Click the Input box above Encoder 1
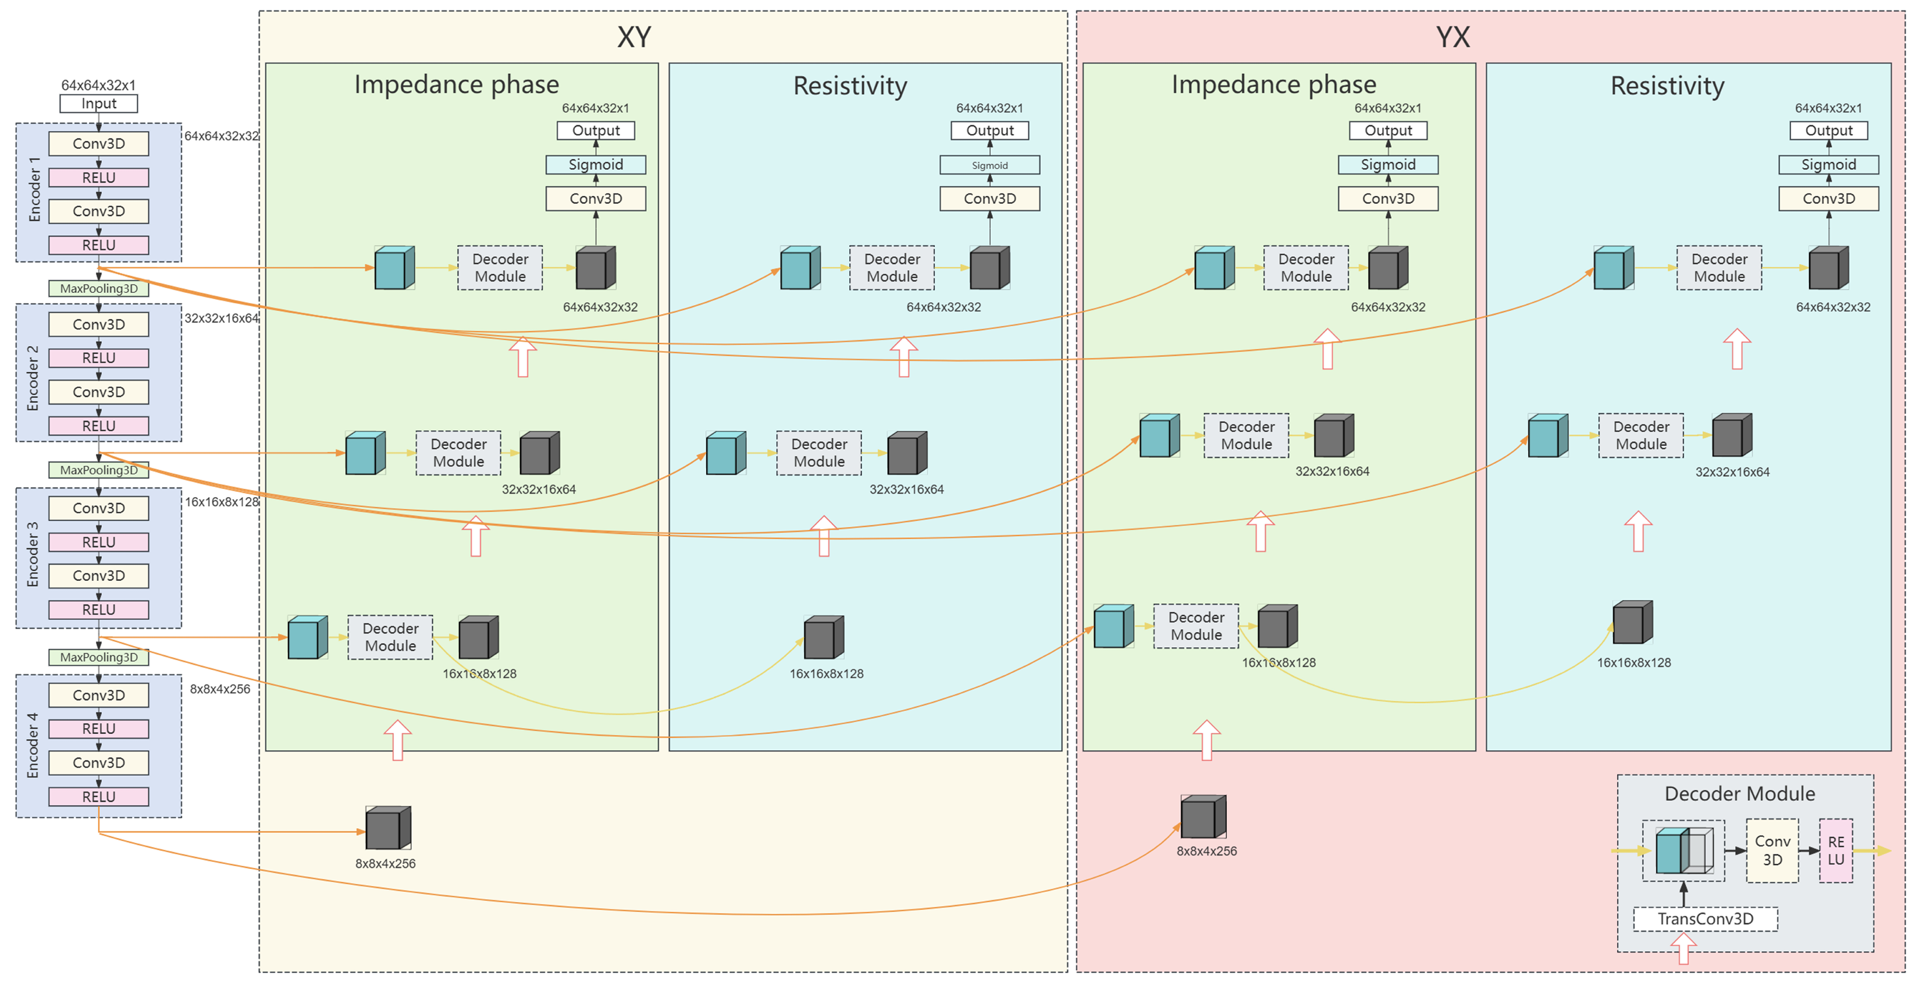(x=98, y=104)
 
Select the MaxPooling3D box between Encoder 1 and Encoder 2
(x=98, y=289)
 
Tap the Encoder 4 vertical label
(x=32, y=745)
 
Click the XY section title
(x=634, y=37)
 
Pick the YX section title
(x=1452, y=37)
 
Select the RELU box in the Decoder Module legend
(x=1836, y=850)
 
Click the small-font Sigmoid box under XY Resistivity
(x=989, y=165)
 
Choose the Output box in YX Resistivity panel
(x=1828, y=130)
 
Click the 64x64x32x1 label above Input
(x=98, y=85)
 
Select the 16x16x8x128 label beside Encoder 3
(x=221, y=502)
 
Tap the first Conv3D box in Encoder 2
(x=98, y=324)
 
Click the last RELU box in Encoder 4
(x=98, y=797)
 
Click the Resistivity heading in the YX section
(x=1667, y=86)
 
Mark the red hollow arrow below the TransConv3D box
(x=1683, y=950)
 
